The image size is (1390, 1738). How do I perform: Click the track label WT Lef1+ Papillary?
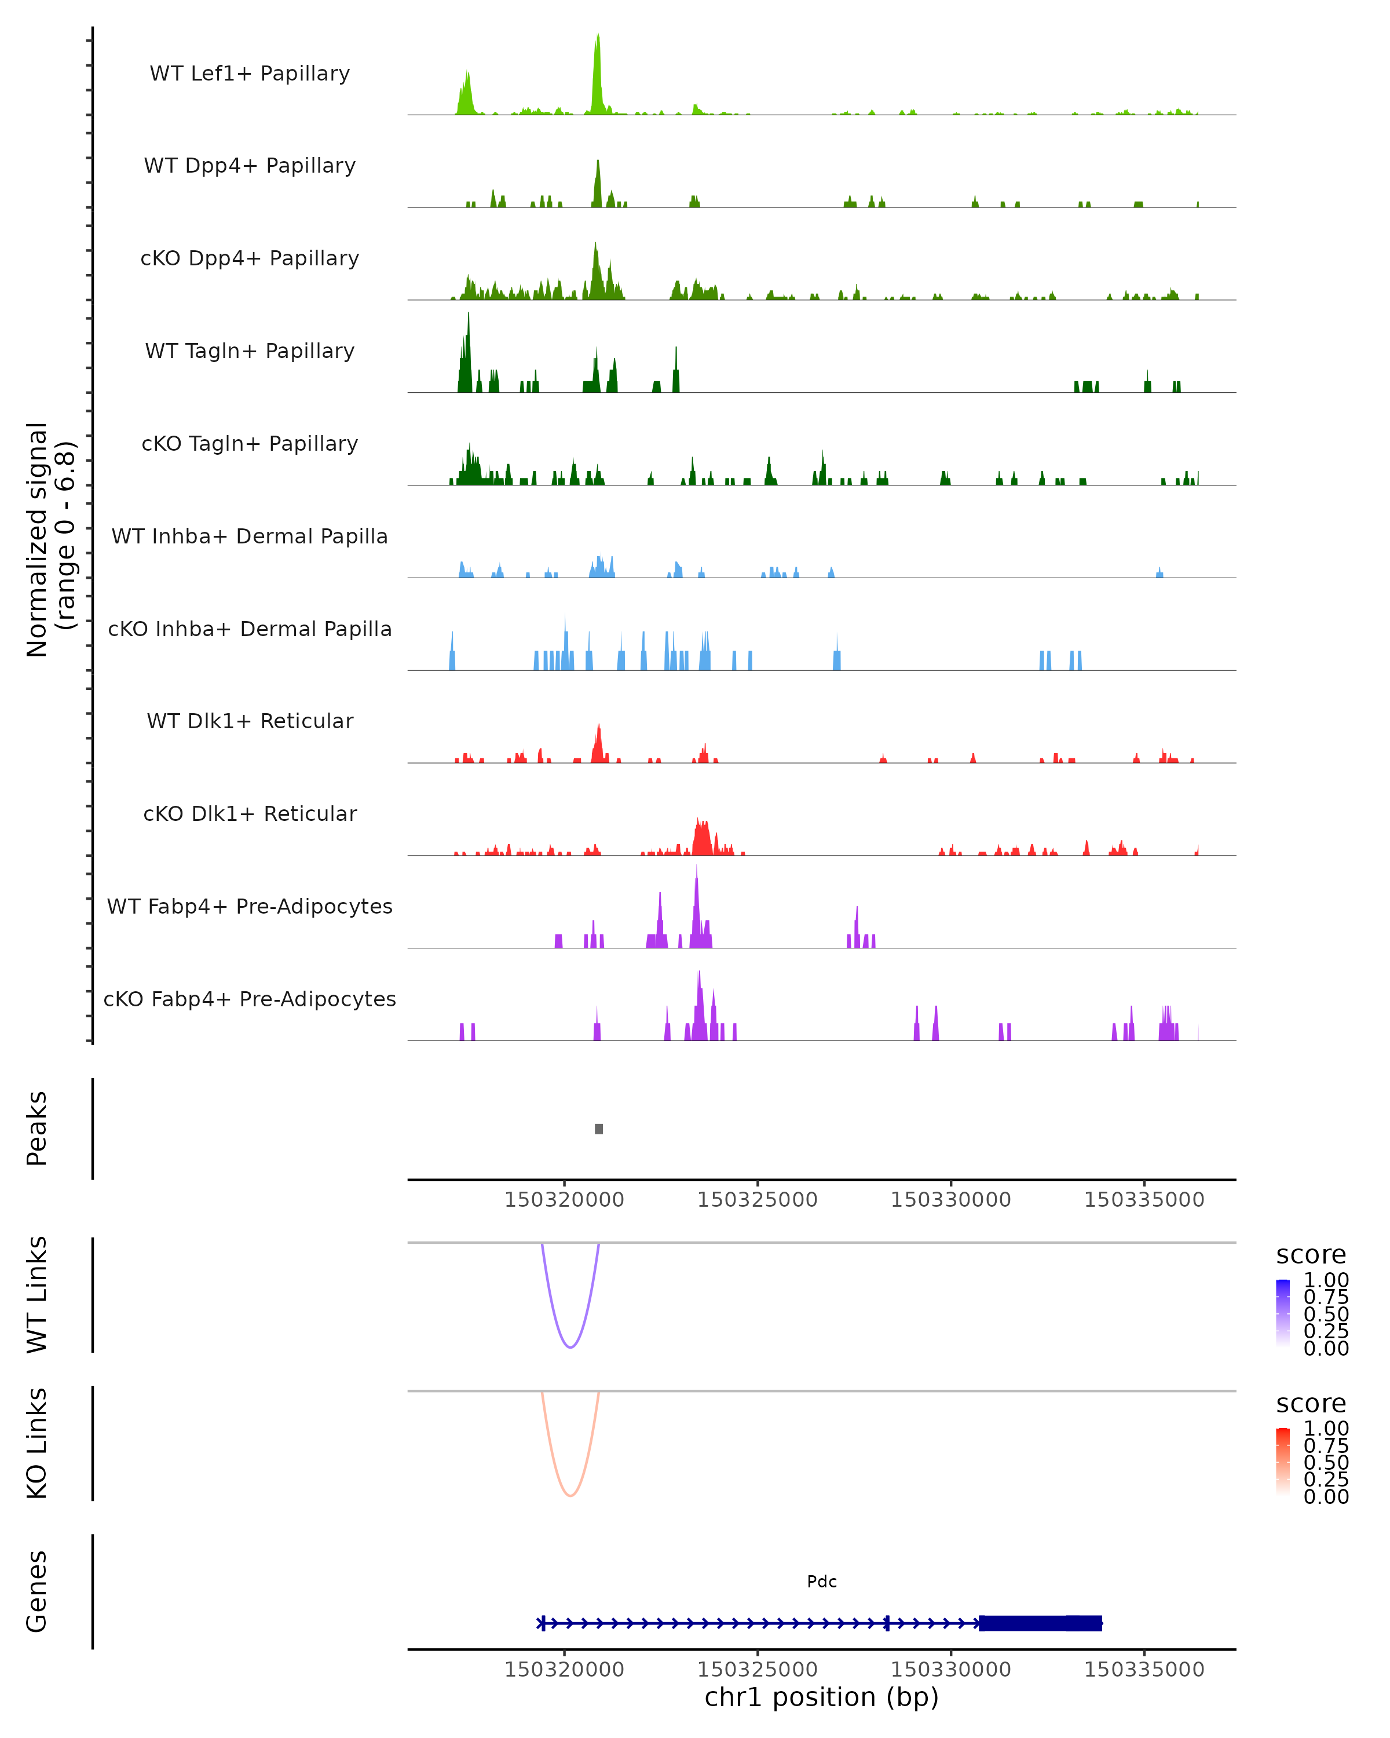pos(250,74)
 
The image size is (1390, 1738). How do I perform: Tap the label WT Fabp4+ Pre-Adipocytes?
pos(250,906)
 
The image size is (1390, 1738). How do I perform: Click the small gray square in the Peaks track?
pos(599,1129)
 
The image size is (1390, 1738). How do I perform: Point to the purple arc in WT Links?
pos(570,1347)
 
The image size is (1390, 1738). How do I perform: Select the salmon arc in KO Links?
pos(570,1495)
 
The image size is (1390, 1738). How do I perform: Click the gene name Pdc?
pos(822,1582)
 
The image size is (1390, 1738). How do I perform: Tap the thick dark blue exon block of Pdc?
pos(1040,1623)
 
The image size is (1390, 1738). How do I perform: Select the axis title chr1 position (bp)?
pos(822,1697)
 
